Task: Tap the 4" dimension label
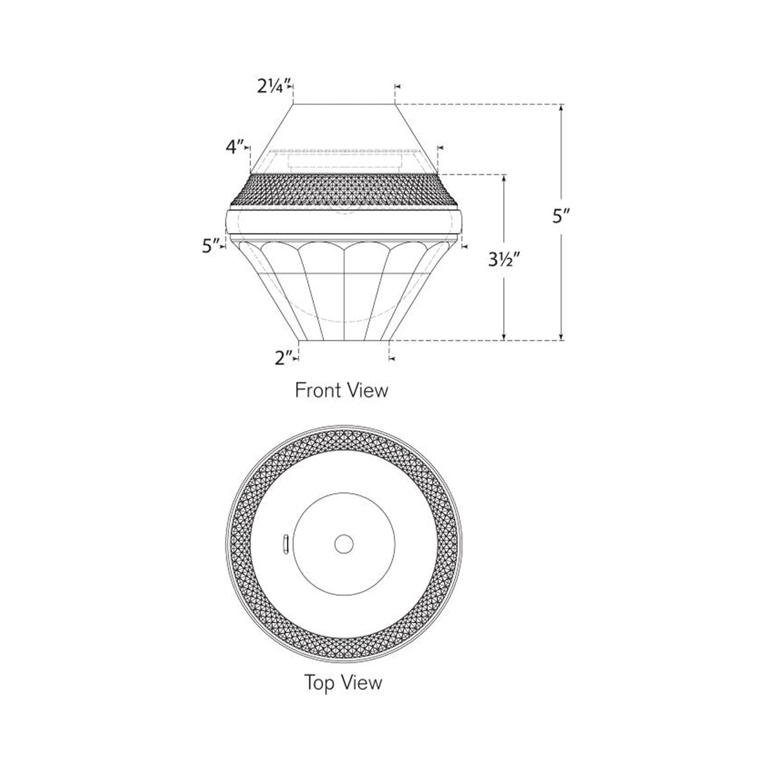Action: (235, 147)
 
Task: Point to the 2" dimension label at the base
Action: (283, 357)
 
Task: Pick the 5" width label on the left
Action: (210, 245)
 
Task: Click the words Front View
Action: (341, 390)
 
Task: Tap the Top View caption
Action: (343, 682)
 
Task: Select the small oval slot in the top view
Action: (285, 544)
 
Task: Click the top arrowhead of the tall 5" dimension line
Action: (562, 108)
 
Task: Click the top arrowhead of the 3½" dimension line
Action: (504, 178)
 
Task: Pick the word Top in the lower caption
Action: (319, 682)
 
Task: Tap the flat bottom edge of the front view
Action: (344, 340)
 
